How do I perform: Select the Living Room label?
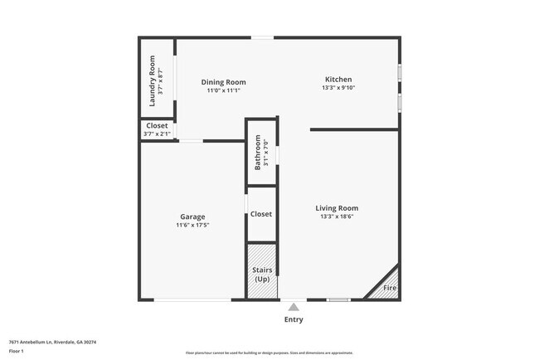(337, 207)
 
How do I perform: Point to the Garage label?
(192, 216)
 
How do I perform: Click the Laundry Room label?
(152, 80)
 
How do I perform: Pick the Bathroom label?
(258, 152)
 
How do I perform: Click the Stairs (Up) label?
(261, 275)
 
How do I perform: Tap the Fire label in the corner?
(389, 288)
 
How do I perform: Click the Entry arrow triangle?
(294, 306)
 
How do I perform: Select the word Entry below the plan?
(294, 319)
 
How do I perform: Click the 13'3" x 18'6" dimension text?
(337, 216)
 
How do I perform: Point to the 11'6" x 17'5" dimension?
(192, 225)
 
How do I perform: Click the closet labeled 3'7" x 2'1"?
(157, 129)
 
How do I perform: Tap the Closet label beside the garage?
(261, 214)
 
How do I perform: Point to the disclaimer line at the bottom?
(269, 353)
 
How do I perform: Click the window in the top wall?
(263, 36)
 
